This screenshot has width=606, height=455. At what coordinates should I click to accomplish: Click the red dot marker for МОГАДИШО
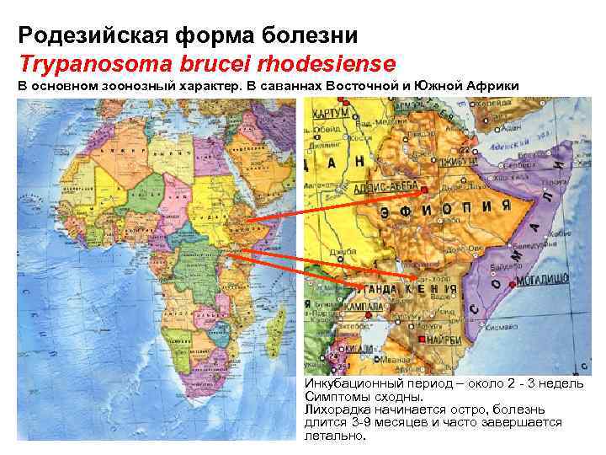512,282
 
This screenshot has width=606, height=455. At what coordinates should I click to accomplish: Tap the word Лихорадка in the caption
338,409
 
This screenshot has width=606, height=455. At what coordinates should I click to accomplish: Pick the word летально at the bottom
333,436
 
